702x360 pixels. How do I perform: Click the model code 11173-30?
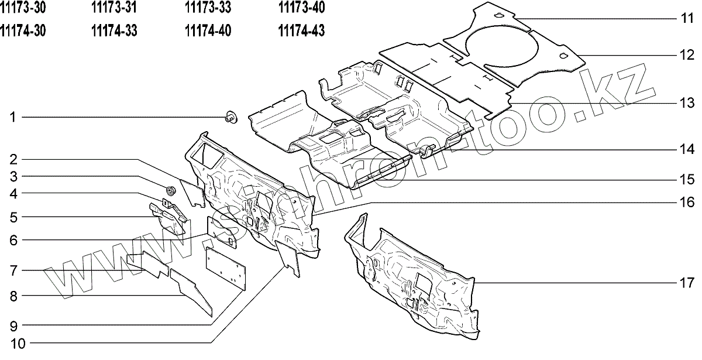click(x=23, y=8)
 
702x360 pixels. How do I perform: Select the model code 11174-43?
click(x=301, y=30)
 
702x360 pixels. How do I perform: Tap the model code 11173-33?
click(x=208, y=8)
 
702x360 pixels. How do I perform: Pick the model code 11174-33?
click(x=114, y=30)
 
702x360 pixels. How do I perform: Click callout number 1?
click(x=12, y=118)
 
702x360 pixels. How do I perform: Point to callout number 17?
click(x=687, y=283)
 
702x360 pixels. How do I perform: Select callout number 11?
click(x=687, y=19)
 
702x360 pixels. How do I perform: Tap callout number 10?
click(x=18, y=344)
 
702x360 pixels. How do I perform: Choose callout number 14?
click(x=687, y=149)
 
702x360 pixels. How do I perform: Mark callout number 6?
click(x=13, y=241)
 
